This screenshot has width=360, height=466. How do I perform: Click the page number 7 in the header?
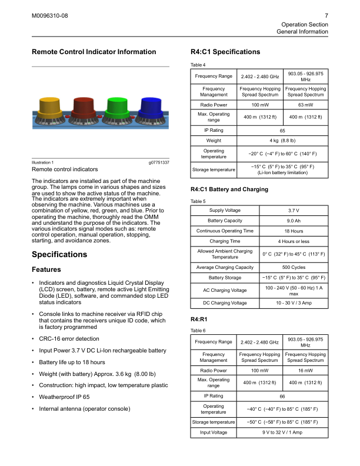326,15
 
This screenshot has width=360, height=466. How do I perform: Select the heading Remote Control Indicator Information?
94,52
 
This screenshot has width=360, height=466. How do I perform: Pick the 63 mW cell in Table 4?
305,105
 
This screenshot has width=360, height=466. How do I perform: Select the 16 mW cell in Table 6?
305,371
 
